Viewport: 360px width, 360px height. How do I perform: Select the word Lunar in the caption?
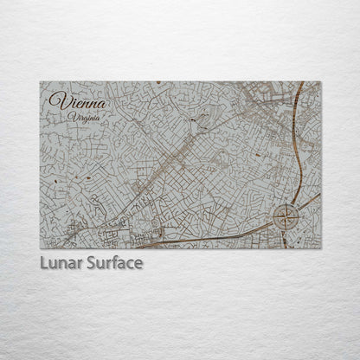[x=60, y=263]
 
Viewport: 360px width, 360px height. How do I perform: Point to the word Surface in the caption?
[x=112, y=263]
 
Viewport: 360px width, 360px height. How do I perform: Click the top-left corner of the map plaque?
[x=40, y=82]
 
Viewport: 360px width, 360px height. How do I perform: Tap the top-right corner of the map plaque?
[x=320, y=82]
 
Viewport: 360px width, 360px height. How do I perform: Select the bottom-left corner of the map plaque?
[x=40, y=248]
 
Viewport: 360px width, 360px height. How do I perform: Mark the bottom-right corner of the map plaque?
[x=320, y=248]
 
